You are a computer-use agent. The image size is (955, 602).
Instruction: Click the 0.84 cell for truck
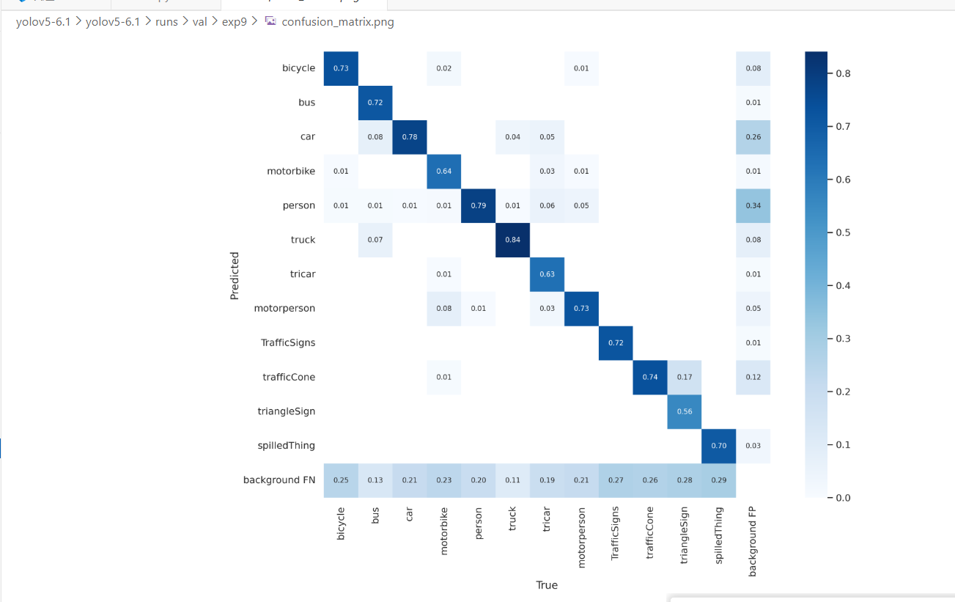point(512,240)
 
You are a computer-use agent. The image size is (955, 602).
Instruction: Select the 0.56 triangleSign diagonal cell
point(685,411)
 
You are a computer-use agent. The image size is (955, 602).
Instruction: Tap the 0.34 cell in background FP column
point(753,205)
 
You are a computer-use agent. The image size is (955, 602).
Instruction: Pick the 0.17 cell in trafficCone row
point(685,377)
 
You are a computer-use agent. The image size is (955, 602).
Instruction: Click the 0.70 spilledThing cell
point(718,445)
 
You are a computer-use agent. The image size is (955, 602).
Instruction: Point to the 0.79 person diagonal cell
point(478,205)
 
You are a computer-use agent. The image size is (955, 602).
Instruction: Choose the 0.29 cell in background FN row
point(718,480)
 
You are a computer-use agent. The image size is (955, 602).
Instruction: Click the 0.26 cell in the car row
point(753,137)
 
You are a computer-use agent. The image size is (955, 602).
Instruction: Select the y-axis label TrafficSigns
point(287,342)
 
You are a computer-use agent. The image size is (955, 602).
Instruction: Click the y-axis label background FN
point(279,480)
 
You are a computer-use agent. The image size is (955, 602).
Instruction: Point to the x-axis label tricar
point(547,522)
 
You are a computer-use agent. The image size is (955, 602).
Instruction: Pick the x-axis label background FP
point(753,540)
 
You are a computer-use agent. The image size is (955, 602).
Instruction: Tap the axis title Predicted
point(235,276)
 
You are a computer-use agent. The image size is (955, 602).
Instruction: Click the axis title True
point(547,585)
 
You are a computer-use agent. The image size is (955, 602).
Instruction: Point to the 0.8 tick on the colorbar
point(842,73)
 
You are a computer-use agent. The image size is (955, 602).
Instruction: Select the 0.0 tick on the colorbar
point(842,498)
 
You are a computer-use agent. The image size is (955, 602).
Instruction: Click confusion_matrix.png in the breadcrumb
point(337,22)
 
